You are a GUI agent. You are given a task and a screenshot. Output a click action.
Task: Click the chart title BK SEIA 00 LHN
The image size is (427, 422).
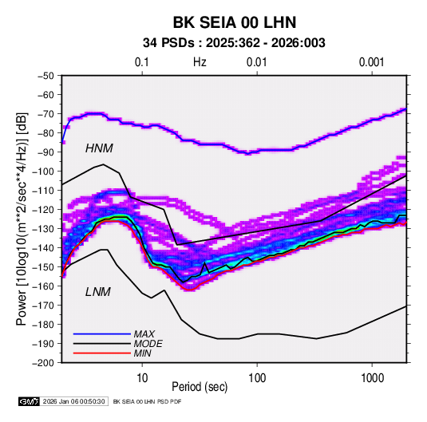click(x=235, y=22)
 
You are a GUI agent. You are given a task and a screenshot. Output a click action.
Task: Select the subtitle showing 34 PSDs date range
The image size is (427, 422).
click(x=234, y=43)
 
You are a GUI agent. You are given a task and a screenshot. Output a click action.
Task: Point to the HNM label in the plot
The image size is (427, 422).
click(x=99, y=148)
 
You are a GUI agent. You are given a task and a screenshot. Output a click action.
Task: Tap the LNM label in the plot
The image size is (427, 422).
click(x=98, y=292)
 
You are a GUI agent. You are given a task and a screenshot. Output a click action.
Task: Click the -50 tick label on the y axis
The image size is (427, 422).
click(x=45, y=76)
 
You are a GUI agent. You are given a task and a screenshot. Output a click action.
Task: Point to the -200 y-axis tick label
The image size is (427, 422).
click(x=43, y=363)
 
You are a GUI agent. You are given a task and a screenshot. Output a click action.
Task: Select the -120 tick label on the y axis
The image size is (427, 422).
click(x=43, y=210)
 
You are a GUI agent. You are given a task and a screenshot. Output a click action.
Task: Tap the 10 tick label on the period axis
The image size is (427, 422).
click(x=142, y=378)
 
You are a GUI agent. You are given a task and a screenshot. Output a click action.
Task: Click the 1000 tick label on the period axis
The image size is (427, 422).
click(x=372, y=378)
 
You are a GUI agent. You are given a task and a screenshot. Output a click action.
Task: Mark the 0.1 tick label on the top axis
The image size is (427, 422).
click(x=142, y=62)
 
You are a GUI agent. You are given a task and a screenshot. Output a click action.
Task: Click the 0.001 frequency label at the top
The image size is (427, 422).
click(x=372, y=62)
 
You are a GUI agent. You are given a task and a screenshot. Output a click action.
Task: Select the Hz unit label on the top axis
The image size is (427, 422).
click(x=200, y=62)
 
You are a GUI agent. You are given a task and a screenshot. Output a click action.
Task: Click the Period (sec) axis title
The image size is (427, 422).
click(x=200, y=387)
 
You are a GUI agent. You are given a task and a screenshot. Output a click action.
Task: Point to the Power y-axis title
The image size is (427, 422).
click(x=22, y=219)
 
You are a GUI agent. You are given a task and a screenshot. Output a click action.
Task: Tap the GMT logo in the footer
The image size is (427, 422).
click(x=29, y=401)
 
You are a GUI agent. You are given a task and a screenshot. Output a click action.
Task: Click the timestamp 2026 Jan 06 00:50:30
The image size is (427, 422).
click(x=73, y=401)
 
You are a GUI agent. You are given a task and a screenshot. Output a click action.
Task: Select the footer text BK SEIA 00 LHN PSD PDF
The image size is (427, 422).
click(x=147, y=401)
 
